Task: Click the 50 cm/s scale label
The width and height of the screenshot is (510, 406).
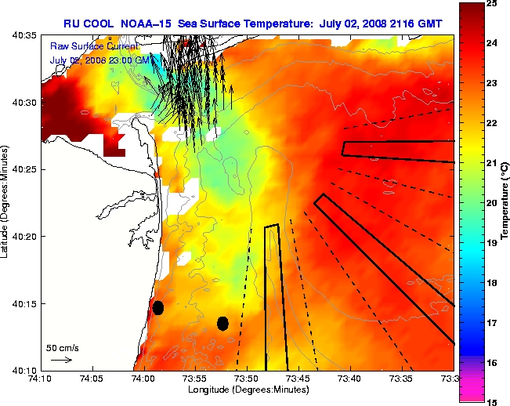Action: [x=63, y=347]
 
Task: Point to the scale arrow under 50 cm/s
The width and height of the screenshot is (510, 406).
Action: [x=61, y=360]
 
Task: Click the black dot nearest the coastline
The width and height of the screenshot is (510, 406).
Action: [x=158, y=307]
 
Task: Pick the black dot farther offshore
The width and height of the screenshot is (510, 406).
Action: [x=222, y=323]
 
